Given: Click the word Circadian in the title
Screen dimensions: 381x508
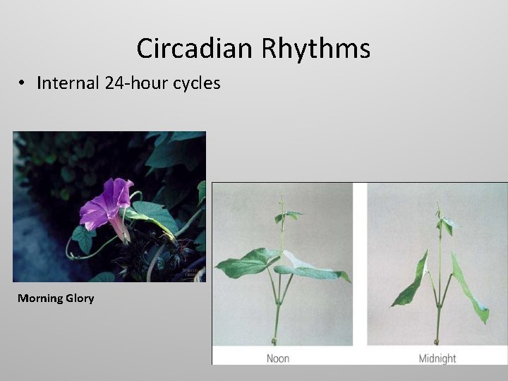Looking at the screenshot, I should pos(195,49).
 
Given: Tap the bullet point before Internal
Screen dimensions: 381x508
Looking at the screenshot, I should pos(23,84).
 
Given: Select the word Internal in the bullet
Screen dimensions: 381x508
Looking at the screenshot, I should pos(68,83).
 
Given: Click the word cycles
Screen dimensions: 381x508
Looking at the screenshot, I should pos(195,84).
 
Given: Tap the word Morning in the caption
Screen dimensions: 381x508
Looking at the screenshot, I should pos(40,298).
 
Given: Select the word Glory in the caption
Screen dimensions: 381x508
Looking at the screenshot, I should pos(80,298).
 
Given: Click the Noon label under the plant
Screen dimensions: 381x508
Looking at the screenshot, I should pos(278,358).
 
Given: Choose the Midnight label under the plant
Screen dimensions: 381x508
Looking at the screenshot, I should pos(437,358).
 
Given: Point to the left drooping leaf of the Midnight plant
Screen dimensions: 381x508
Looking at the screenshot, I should pos(413,282).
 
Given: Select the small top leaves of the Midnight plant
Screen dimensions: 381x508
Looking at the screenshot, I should pos(445,224).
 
